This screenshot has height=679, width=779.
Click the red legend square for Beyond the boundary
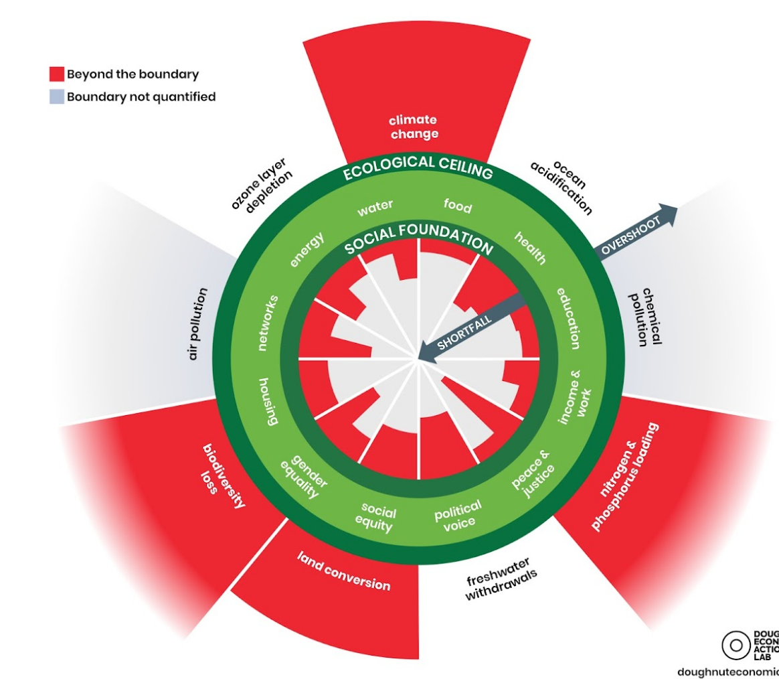(x=56, y=74)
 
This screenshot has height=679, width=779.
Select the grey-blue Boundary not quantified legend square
(x=56, y=97)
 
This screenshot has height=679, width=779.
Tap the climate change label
(x=414, y=127)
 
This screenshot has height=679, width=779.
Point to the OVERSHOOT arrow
(x=636, y=231)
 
